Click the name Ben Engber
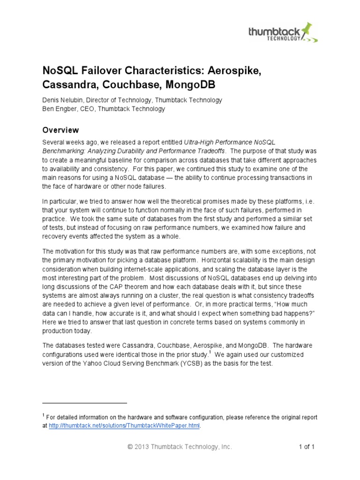click(x=60, y=109)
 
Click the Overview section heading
click(x=60, y=130)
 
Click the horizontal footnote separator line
click(x=85, y=403)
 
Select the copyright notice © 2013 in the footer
click(x=141, y=447)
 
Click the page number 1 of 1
click(x=307, y=447)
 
